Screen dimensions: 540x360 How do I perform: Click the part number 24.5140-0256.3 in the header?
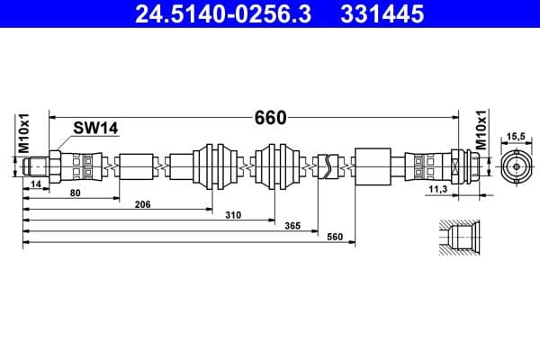pos(223,14)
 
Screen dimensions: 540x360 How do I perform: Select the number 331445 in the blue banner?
pos(382,14)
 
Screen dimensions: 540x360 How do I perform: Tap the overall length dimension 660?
pos(270,118)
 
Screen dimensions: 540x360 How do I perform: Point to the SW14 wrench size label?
pos(95,128)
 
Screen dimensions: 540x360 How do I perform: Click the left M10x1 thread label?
pos(24,134)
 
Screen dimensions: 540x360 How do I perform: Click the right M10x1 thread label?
pos(481,130)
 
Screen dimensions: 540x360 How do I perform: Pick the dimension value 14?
pos(36,184)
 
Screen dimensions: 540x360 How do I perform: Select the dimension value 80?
pos(75,193)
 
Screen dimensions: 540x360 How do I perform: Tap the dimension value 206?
pos(142,204)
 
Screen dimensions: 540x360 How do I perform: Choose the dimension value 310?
pos(233,215)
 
